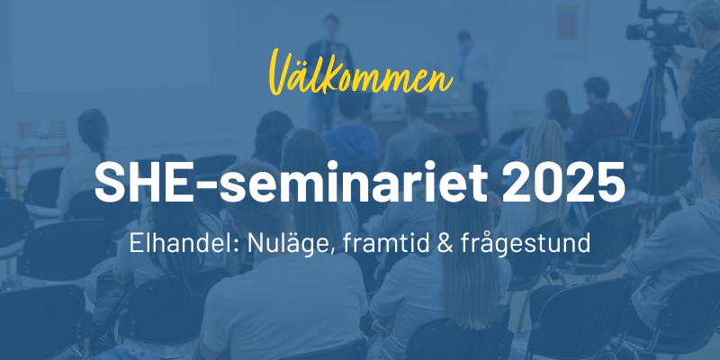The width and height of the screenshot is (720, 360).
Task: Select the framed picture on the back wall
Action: tap(568, 28)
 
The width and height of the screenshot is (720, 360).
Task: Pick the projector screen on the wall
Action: tap(109, 43)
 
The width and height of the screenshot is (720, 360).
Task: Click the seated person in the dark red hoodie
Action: tap(598, 115)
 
